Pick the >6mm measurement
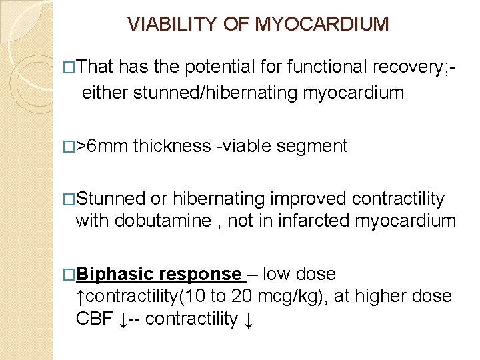pos(103,146)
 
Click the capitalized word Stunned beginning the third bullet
pos(111,199)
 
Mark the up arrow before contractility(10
pos(81,296)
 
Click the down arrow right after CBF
pos(123,319)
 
